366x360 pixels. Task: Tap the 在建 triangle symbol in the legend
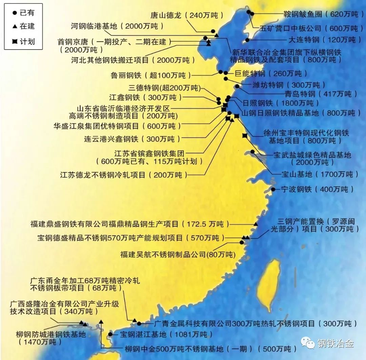coord(15,26)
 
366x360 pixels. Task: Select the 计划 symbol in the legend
coord(15,41)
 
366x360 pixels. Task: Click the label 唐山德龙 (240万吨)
coord(187,15)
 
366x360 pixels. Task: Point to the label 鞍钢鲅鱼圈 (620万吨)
coord(321,14)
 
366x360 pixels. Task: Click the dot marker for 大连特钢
coord(247,40)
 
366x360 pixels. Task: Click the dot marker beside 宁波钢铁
coord(273,189)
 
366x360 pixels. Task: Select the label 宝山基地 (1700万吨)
coord(320,174)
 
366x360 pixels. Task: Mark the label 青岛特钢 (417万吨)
coord(321,94)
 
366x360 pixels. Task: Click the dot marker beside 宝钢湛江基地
coord(110,334)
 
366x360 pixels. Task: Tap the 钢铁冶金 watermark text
coord(335,343)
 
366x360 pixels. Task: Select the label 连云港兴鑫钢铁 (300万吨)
coord(132,139)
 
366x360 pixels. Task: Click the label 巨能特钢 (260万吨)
coord(271,73)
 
